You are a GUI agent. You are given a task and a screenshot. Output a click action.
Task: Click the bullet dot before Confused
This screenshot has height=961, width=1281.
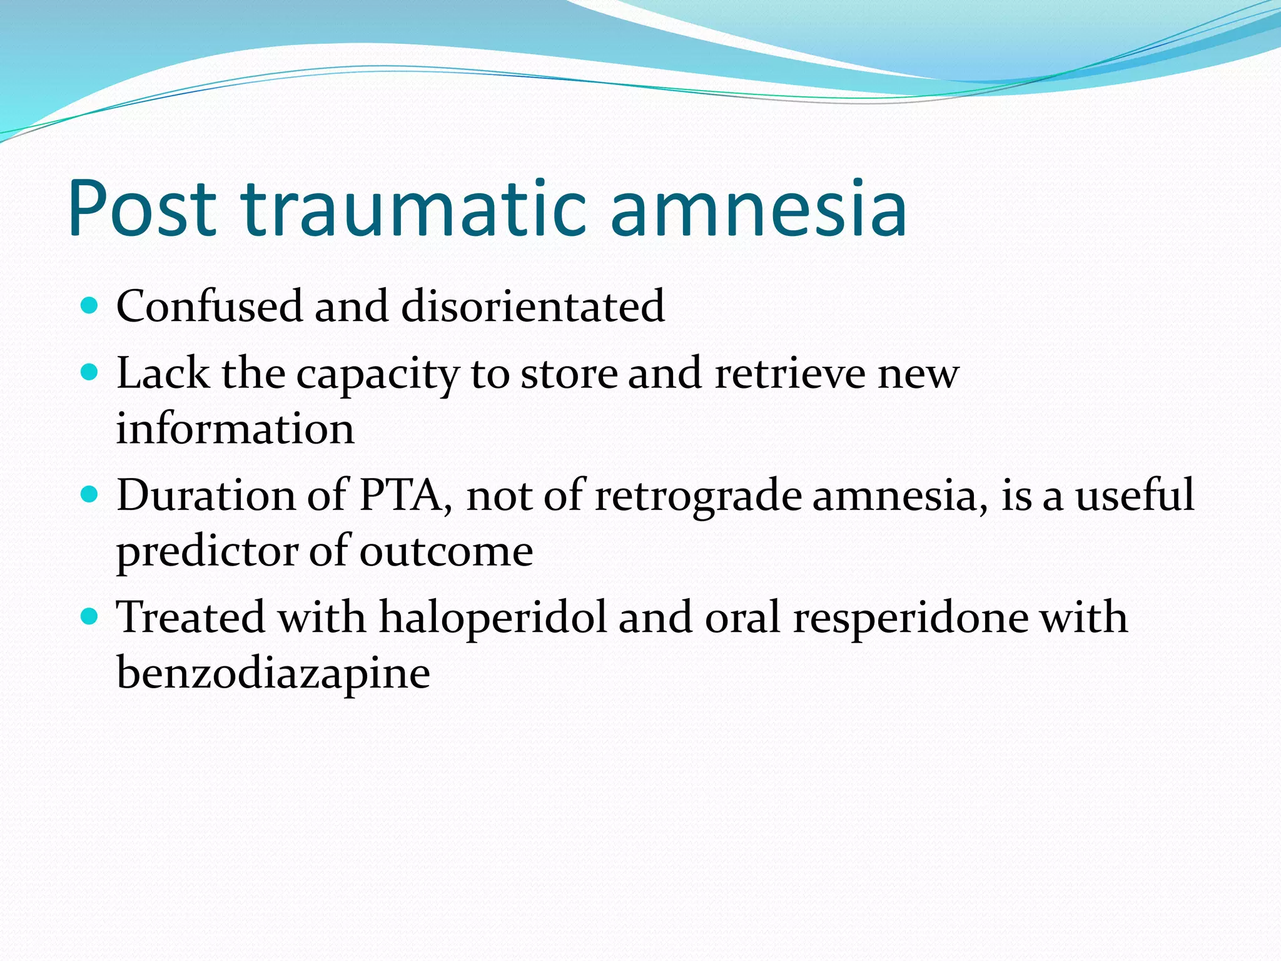coord(90,306)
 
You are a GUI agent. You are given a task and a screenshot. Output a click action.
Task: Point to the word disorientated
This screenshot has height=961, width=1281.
coord(532,306)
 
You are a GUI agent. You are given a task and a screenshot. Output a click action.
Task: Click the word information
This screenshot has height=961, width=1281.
coord(235,429)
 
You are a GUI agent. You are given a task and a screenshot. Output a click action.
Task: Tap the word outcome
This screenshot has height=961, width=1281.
coord(446,552)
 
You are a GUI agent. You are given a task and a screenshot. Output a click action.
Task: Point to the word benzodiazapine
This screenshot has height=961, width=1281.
coord(273,674)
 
